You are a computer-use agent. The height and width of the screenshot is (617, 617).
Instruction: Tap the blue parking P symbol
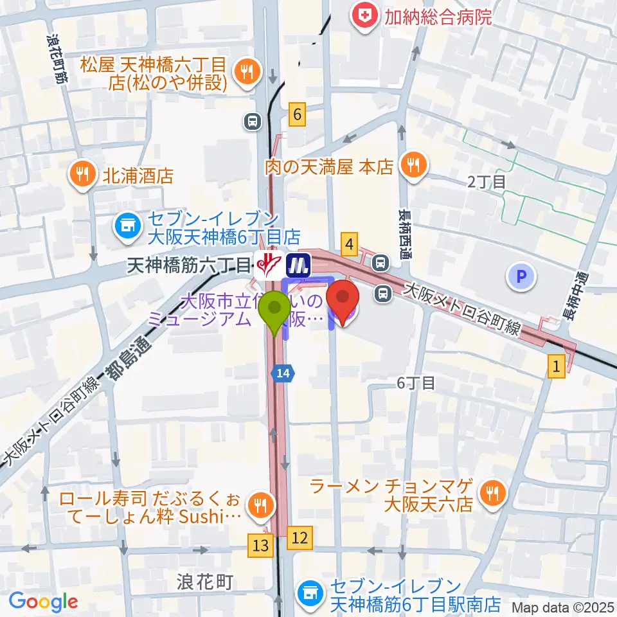[x=521, y=278]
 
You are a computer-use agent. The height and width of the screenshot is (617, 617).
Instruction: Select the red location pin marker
[x=343, y=302]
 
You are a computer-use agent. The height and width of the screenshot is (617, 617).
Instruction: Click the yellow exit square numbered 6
[x=296, y=114]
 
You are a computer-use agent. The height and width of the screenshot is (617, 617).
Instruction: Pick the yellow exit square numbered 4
[x=350, y=244]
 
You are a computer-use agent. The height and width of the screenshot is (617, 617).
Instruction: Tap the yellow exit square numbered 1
[x=557, y=366]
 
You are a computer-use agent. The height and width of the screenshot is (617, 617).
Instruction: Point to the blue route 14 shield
[x=283, y=373]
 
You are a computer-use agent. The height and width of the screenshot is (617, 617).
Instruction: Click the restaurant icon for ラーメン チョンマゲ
[x=494, y=494]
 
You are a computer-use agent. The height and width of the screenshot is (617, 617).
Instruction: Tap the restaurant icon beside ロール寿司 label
[x=260, y=505]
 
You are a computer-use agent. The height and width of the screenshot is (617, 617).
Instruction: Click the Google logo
[x=43, y=602]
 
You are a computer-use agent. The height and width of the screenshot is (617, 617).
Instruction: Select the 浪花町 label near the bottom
[x=204, y=582]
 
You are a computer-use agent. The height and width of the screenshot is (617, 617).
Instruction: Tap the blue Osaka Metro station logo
[x=298, y=264]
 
